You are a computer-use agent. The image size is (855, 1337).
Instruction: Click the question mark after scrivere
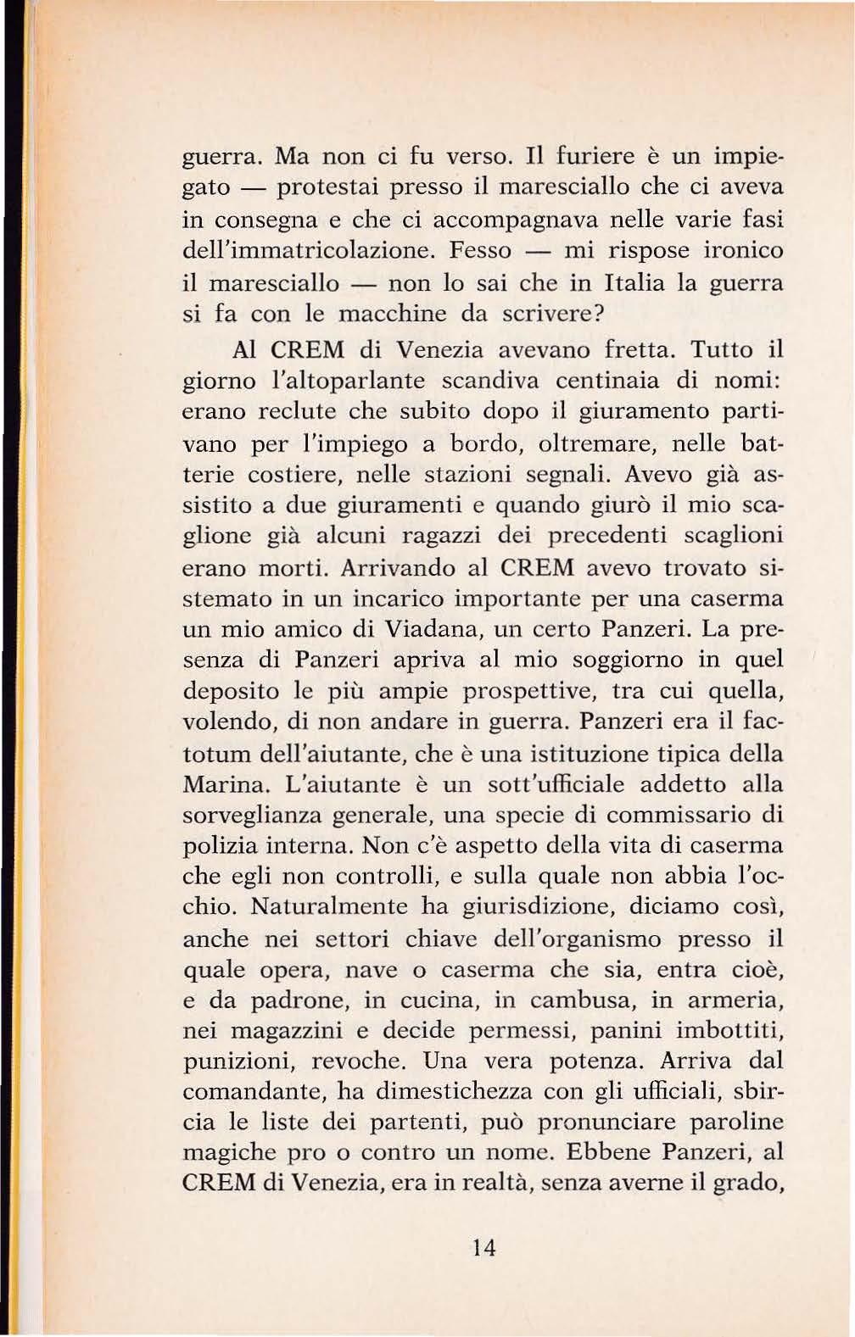595,314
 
